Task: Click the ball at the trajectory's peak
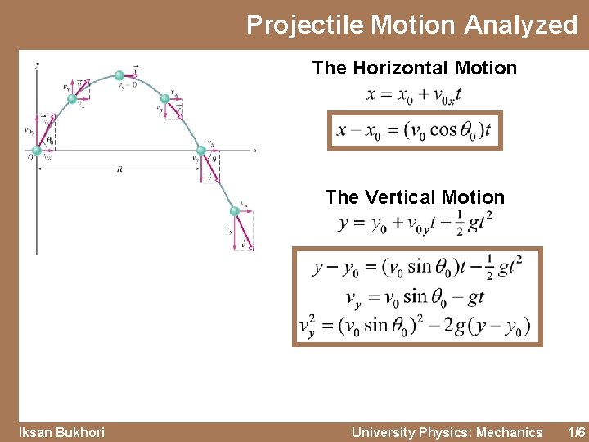pyautogui.click(x=119, y=75)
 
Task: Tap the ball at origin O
pyautogui.click(x=36, y=151)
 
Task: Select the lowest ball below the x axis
pyautogui.click(x=235, y=211)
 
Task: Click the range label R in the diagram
pyautogui.click(x=119, y=169)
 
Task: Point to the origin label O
pyautogui.click(x=29, y=156)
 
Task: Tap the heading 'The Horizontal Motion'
pyautogui.click(x=414, y=68)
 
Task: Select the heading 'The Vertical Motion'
pyautogui.click(x=414, y=197)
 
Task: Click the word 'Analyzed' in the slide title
pyautogui.click(x=521, y=25)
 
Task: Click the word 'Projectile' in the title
pyautogui.click(x=305, y=25)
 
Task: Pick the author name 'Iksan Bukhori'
pyautogui.click(x=62, y=432)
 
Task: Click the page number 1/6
pyautogui.click(x=576, y=432)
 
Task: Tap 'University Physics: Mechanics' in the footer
pyautogui.click(x=447, y=432)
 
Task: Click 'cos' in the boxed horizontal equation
pyautogui.click(x=443, y=131)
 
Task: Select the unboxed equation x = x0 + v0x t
pyautogui.click(x=414, y=94)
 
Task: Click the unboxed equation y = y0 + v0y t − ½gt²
pyautogui.click(x=415, y=223)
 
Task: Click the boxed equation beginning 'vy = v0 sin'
pyautogui.click(x=416, y=295)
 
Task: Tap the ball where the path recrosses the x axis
pyautogui.click(x=200, y=151)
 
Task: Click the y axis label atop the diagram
pyautogui.click(x=36, y=63)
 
